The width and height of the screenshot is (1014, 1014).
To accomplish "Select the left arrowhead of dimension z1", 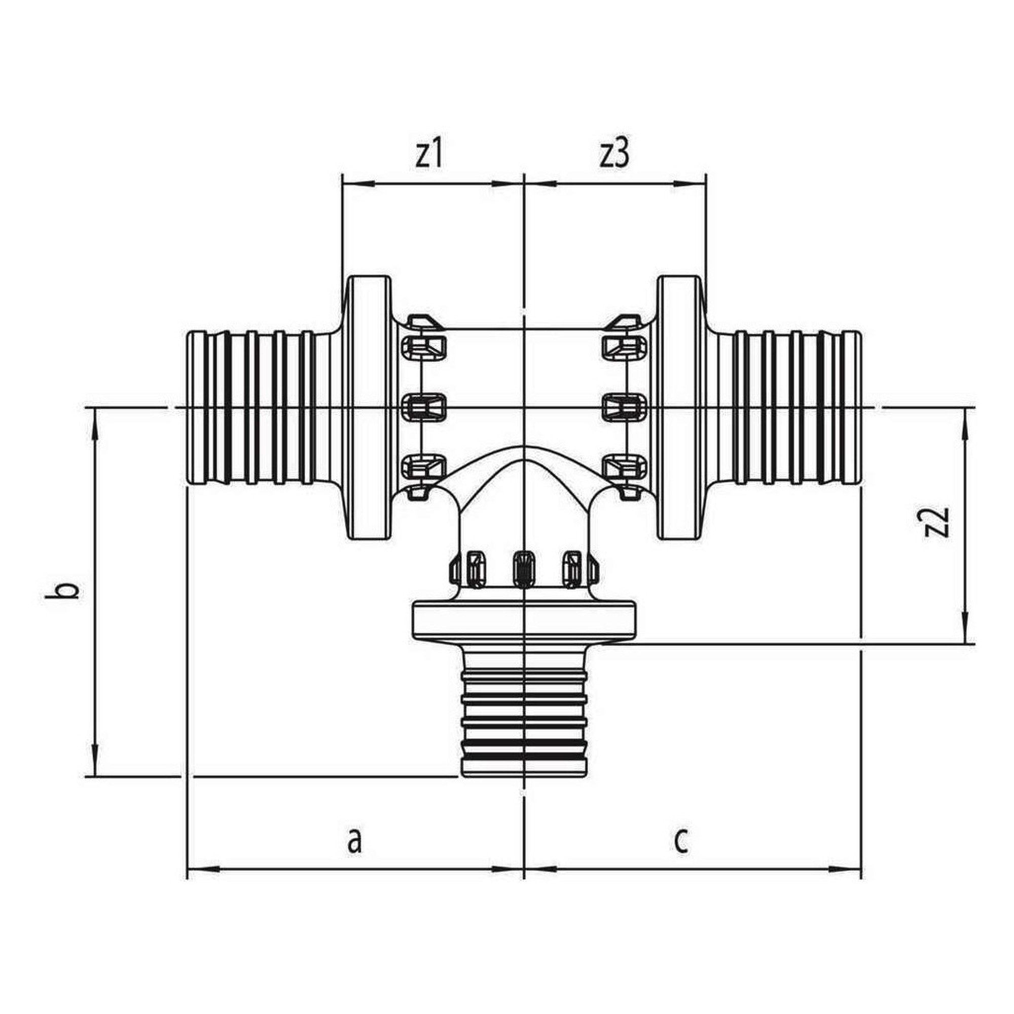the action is coord(357,183).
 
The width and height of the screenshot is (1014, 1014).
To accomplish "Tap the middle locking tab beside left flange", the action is coord(423,407).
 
